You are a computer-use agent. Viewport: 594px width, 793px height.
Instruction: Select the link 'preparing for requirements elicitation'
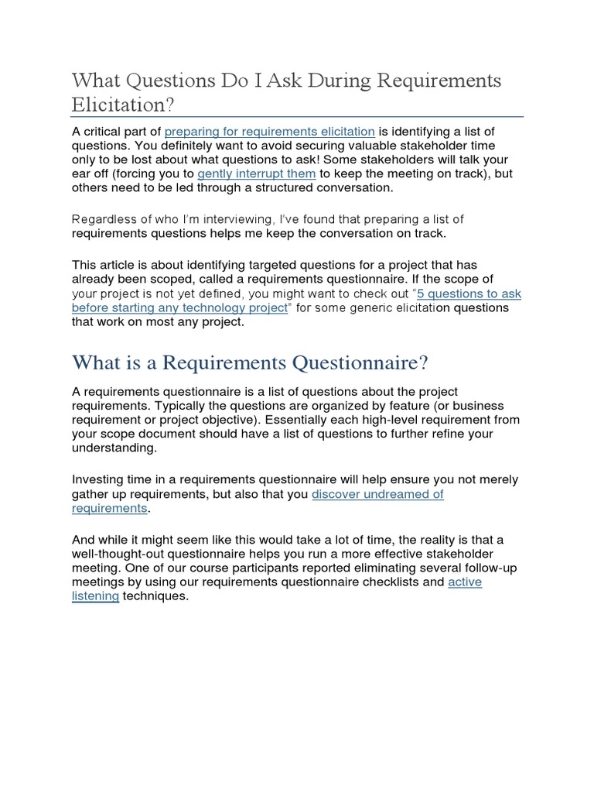tap(270, 131)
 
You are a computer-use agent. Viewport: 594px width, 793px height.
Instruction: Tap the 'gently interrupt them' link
tap(257, 174)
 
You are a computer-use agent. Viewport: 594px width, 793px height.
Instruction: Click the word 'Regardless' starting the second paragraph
tap(103, 219)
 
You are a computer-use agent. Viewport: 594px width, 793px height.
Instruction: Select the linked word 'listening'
tap(95, 597)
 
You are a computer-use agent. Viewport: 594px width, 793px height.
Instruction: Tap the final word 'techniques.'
tap(155, 597)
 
